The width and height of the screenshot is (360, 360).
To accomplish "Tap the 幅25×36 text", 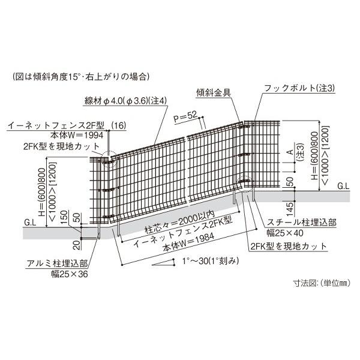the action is [70, 274].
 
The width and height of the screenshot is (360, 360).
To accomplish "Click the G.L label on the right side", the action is [343, 186].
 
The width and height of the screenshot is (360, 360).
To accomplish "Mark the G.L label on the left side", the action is [31, 222].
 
